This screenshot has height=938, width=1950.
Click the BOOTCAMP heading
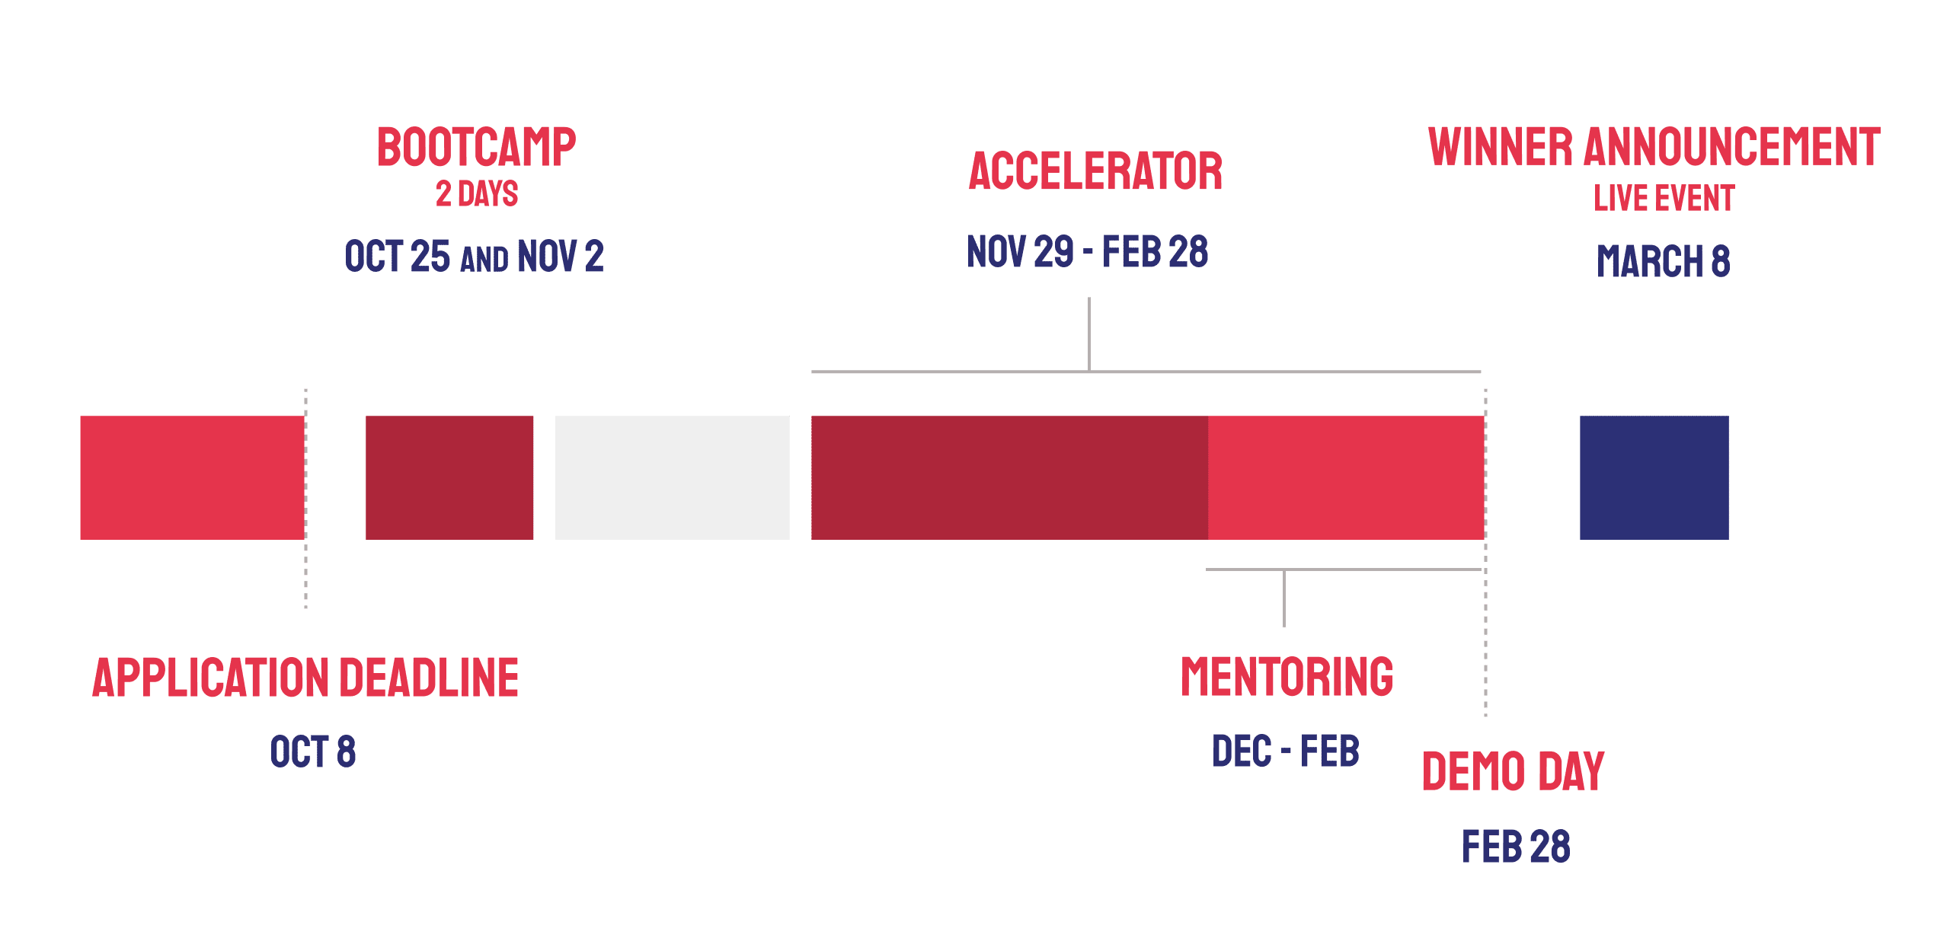coord(477,147)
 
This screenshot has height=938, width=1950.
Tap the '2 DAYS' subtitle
coord(477,193)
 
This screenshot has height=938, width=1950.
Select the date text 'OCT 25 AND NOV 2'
coord(474,256)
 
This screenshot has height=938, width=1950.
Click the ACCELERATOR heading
coord(1095,171)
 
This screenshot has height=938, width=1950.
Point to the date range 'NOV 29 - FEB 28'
coord(1087,252)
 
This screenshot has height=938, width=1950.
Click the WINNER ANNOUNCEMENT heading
coord(1654,147)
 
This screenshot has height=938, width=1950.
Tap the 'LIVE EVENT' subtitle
coord(1664,198)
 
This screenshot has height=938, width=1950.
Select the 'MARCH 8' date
coord(1664,261)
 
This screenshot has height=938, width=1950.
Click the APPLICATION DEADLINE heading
coord(305,678)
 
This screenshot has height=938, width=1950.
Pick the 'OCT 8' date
coord(313,751)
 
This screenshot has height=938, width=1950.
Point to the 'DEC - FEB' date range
coord(1286,751)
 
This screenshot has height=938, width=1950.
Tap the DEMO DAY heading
coord(1514,771)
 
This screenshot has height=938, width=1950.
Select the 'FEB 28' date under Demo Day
coord(1516,847)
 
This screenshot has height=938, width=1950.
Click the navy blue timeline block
coord(1654,477)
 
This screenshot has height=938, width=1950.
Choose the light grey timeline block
coord(673,477)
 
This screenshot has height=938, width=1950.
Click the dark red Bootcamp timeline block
coord(449,477)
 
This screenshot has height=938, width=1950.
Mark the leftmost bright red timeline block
coord(193,477)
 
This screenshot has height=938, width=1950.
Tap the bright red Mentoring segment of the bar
coord(1346,477)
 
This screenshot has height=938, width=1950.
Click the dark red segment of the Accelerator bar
coord(1009,477)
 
